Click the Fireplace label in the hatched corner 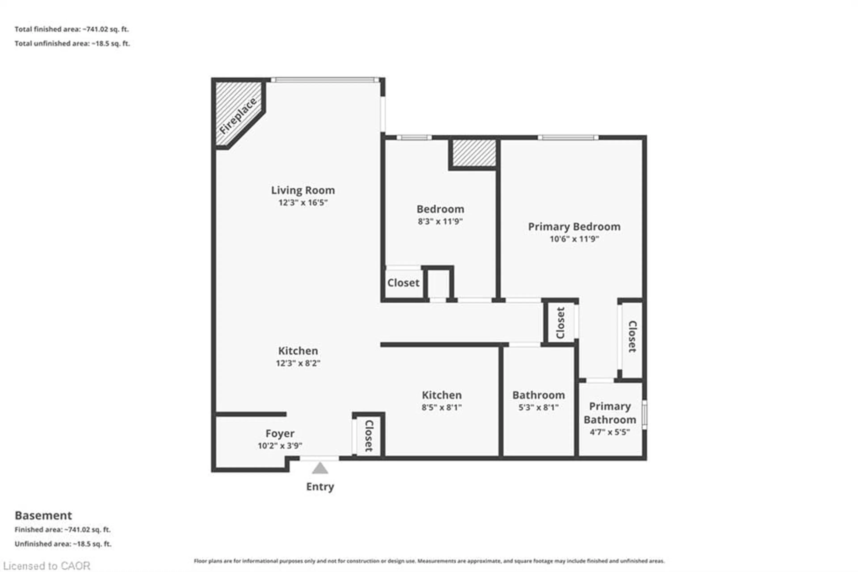point(238,116)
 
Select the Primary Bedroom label point(574,227)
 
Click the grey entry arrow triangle point(320,468)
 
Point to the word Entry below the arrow point(320,487)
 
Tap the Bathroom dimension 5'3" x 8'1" point(538,407)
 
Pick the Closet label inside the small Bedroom point(403,283)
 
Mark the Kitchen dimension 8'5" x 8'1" point(441,407)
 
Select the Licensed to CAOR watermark point(47,566)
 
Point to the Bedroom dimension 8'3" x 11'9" point(440,221)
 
